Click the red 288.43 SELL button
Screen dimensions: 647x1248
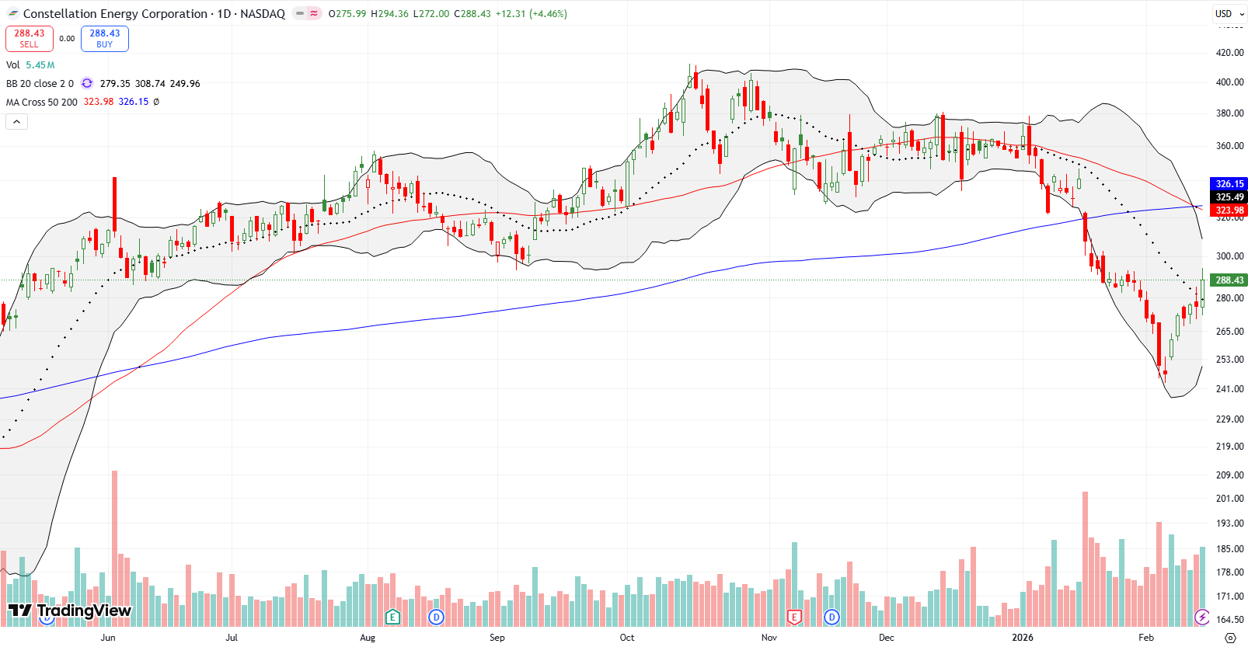click(30, 38)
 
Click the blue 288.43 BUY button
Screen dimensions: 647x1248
click(104, 38)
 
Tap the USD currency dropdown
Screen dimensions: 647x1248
click(1229, 13)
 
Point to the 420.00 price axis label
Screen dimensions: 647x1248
click(1229, 53)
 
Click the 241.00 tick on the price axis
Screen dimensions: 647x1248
click(1229, 389)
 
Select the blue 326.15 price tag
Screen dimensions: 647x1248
click(1229, 184)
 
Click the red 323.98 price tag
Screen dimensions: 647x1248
click(1229, 210)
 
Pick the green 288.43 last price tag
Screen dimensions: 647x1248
click(1229, 280)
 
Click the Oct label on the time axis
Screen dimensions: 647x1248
click(626, 638)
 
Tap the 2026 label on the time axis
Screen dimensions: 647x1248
click(1023, 638)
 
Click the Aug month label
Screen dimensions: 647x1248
click(368, 638)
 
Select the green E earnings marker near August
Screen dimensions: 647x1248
click(392, 617)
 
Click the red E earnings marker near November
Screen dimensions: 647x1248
click(794, 617)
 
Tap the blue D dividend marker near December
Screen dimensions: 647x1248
click(831, 617)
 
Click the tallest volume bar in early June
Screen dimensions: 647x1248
click(115, 544)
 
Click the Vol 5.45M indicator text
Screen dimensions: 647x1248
click(30, 65)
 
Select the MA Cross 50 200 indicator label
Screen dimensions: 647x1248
click(42, 102)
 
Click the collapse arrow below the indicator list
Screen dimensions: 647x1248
click(16, 121)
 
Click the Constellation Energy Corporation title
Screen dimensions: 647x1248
click(115, 14)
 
